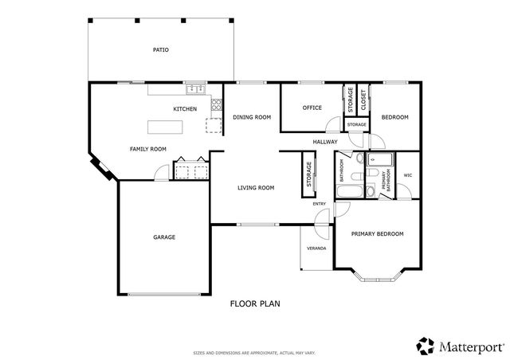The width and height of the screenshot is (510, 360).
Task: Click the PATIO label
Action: point(160,50)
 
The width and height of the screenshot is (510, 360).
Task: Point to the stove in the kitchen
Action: point(215,104)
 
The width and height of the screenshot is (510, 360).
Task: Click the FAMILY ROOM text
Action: point(148,149)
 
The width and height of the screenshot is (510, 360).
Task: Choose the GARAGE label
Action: point(164,237)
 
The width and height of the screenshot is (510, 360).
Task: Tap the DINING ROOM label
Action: point(252,117)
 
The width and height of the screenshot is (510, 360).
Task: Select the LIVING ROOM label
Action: point(256,188)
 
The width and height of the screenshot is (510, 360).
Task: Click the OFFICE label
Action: point(312,108)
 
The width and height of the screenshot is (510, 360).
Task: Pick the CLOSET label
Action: point(363,100)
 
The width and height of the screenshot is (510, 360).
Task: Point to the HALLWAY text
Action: point(325,142)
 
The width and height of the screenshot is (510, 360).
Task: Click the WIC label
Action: point(407,175)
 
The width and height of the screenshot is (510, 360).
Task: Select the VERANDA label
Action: point(316,248)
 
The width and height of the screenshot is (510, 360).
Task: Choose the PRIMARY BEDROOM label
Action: point(378,233)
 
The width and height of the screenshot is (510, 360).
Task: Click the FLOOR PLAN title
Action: point(255,303)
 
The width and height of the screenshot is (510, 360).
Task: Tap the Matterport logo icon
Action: point(425,344)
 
